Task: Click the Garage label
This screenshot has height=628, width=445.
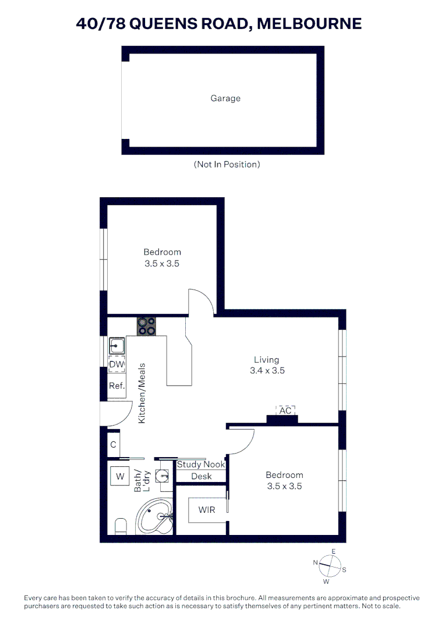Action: tap(225, 98)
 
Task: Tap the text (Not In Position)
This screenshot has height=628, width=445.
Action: tap(227, 165)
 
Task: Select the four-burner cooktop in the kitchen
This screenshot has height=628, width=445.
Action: tap(146, 326)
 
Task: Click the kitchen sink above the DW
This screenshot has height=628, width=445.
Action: tap(118, 347)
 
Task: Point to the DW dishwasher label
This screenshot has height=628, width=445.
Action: tap(117, 365)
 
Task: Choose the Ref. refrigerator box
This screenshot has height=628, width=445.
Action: tap(116, 386)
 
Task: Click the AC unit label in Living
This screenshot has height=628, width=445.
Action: tap(285, 411)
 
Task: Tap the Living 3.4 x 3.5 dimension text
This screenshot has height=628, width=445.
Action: tap(266, 370)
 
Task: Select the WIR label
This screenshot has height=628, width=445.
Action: tap(207, 510)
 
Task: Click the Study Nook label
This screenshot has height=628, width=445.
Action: tap(201, 465)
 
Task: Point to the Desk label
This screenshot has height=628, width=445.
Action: tap(202, 476)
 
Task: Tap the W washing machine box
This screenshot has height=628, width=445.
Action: tap(121, 477)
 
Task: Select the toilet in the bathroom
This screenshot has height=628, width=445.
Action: tap(121, 527)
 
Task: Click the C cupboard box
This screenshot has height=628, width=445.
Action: tap(114, 445)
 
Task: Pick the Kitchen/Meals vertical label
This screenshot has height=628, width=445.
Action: tap(142, 393)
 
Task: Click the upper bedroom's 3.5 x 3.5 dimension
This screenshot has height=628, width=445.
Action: tap(162, 263)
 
